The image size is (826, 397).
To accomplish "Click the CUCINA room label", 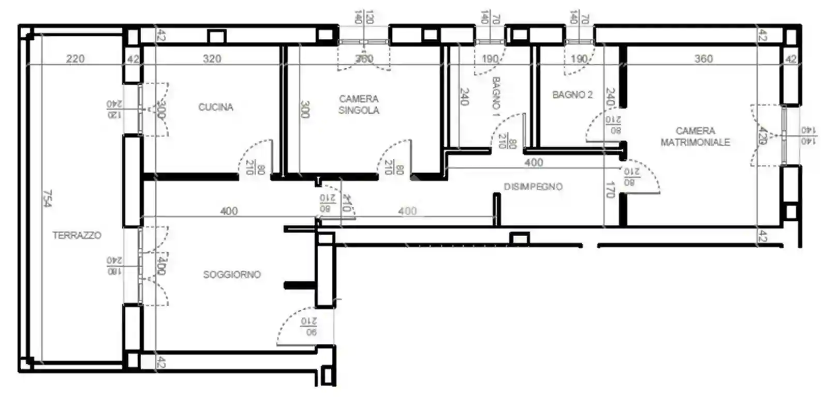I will (216, 107).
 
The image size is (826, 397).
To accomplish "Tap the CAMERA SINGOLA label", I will (359, 104).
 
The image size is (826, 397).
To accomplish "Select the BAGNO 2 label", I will (572, 95).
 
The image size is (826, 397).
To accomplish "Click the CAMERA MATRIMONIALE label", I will (695, 136).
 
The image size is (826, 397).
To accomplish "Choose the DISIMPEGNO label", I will (533, 187).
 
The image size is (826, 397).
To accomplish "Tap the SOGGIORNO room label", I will (232, 274).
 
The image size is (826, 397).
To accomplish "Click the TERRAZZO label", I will (77, 235).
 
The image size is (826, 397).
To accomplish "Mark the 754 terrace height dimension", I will (47, 198).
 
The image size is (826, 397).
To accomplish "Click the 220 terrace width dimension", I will (75, 59).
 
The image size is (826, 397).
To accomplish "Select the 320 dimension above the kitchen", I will (212, 59).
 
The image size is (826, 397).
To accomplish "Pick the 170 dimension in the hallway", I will (610, 190).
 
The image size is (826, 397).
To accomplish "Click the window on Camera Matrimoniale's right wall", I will (784, 135).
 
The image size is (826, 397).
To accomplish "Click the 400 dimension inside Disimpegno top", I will (534, 162).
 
